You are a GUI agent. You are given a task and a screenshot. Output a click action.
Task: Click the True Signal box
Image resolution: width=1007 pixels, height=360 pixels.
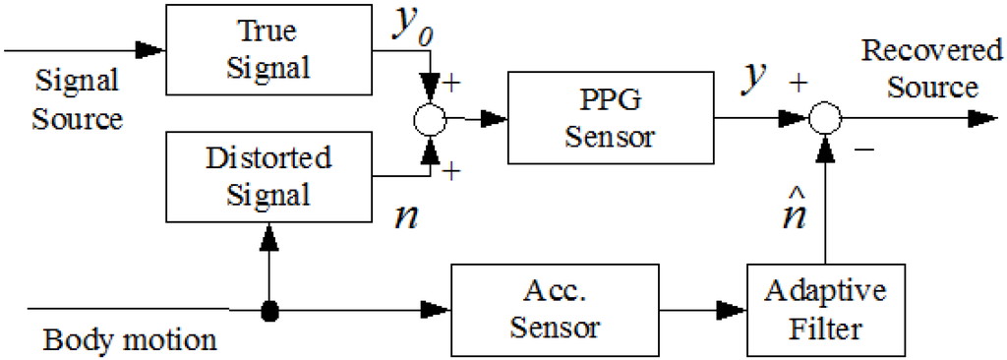[x=269, y=49]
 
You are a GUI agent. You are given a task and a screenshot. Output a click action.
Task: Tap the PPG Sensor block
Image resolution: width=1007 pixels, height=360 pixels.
[x=611, y=118]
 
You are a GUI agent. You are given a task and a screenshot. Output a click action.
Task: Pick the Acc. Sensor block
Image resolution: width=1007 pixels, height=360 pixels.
[x=554, y=310]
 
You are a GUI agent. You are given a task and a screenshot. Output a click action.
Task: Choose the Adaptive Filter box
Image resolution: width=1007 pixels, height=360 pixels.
[x=825, y=310]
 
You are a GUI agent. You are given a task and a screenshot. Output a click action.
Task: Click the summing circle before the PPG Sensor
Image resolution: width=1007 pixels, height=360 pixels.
[x=430, y=118]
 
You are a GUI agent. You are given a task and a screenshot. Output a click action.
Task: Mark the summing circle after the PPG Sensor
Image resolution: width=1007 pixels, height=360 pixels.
[x=825, y=118]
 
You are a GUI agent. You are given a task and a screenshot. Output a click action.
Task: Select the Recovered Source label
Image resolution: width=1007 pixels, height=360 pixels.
[x=931, y=68]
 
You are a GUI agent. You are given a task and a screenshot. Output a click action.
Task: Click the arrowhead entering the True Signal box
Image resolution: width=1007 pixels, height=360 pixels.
[x=151, y=49]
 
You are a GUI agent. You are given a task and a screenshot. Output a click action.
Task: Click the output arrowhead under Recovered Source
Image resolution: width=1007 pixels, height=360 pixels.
[x=983, y=118]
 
